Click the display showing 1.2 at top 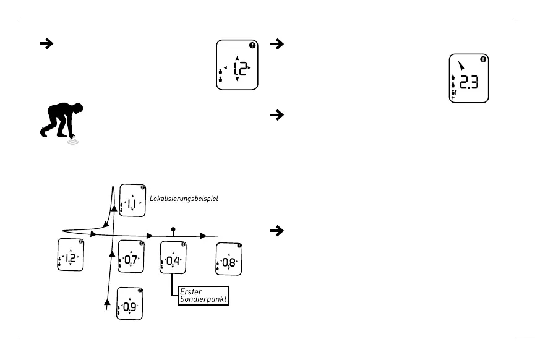tap(238, 66)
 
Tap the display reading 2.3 tap(467, 79)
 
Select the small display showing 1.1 tap(132, 200)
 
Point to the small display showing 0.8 tap(228, 260)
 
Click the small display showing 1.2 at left tap(70, 255)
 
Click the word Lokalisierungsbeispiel tap(184, 199)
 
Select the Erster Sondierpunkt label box tap(203, 295)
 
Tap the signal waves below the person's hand tap(74, 141)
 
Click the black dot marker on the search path tap(173, 229)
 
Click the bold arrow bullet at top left tap(45, 44)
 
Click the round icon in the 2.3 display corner tap(483, 59)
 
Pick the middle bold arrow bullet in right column tap(278, 115)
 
